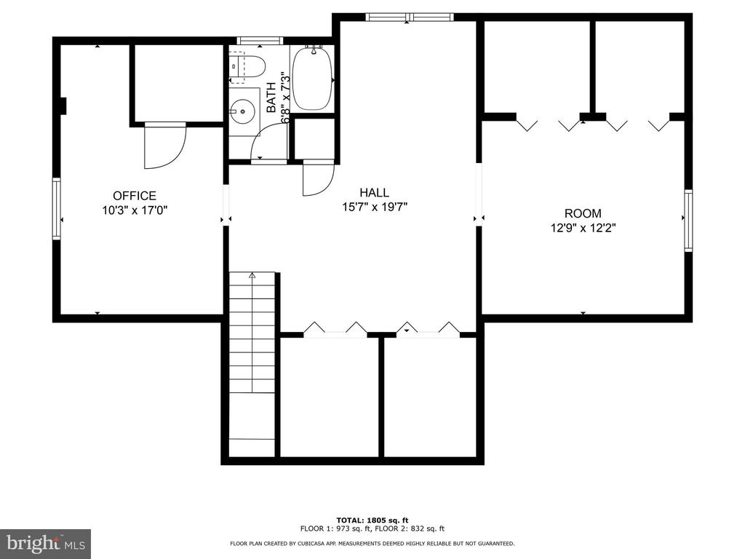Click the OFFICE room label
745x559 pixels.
pyautogui.click(x=135, y=195)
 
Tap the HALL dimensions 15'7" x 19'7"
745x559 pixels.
pyautogui.click(x=375, y=207)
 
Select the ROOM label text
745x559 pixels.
pyautogui.click(x=583, y=213)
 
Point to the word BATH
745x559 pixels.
pyautogui.click(x=271, y=98)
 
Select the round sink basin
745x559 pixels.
pyautogui.click(x=242, y=111)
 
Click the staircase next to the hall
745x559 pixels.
pyautogui.click(x=252, y=364)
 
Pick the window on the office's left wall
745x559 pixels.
pyautogui.click(x=57, y=209)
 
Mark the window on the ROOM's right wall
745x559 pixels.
pyautogui.click(x=688, y=220)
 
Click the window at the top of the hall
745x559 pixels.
pyautogui.click(x=410, y=17)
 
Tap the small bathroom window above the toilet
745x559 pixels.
pyautogui.click(x=260, y=41)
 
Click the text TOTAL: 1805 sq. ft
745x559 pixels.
pyautogui.click(x=372, y=520)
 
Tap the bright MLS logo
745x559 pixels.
pyautogui.click(x=45, y=544)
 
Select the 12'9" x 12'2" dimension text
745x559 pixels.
pyautogui.click(x=583, y=228)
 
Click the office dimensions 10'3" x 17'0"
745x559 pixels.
pyautogui.click(x=135, y=210)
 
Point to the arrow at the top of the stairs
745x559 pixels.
pyautogui.click(x=252, y=274)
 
